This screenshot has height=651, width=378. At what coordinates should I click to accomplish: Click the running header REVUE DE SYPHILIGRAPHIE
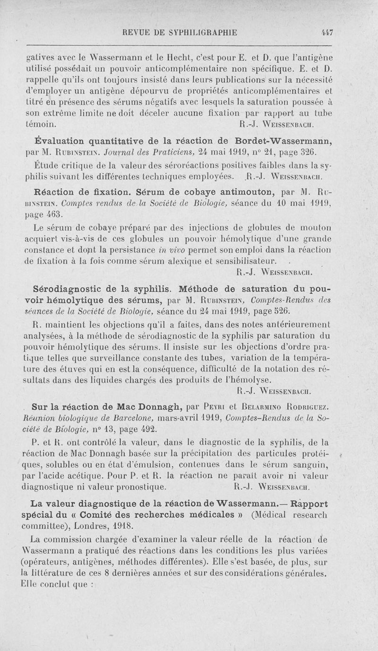180,33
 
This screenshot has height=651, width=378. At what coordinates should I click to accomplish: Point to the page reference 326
304,153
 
